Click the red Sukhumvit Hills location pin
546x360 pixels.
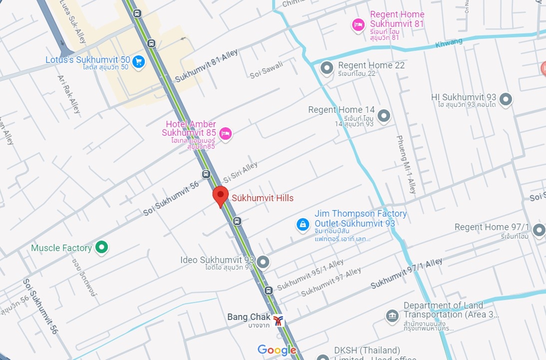point(221,196)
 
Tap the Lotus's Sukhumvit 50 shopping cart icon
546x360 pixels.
point(139,62)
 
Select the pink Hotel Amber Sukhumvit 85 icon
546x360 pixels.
point(225,133)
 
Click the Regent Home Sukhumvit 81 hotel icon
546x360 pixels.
point(358,25)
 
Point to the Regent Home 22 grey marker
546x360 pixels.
point(327,68)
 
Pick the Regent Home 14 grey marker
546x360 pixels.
point(384,116)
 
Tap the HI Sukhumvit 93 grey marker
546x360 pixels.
point(505,99)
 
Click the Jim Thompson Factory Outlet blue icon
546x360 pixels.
point(303,224)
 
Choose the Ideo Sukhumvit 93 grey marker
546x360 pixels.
point(263,262)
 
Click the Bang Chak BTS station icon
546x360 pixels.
point(278,320)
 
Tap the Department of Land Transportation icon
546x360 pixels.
point(392,316)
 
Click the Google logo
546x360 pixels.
point(277,350)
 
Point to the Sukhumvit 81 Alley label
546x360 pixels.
point(206,66)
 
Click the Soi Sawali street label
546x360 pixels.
point(266,70)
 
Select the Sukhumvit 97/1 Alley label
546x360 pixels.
point(406,274)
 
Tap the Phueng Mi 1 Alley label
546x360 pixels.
point(406,164)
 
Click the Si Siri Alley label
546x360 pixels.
point(240,172)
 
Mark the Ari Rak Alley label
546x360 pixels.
point(69,94)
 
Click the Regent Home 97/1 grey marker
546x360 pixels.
point(539,230)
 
